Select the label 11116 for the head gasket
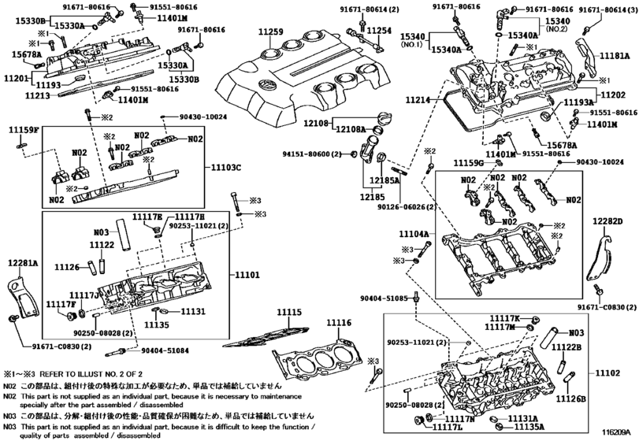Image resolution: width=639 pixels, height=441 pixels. [340, 324]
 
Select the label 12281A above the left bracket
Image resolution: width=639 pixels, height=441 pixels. [23, 263]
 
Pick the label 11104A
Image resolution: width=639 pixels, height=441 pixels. [413, 234]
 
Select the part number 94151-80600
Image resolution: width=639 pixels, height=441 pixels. [303, 154]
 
